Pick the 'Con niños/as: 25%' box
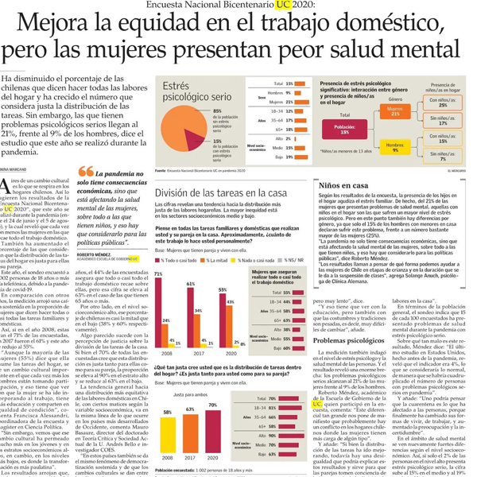(448, 101)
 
